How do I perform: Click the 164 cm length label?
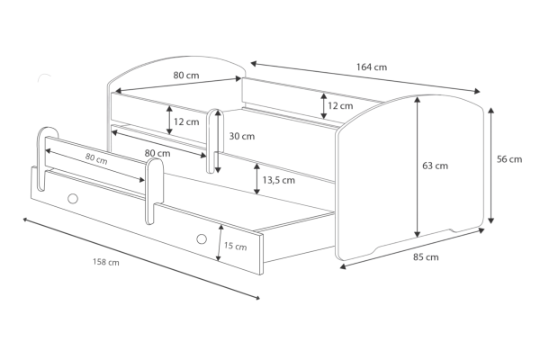coord(372,67)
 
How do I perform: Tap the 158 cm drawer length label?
coord(106,262)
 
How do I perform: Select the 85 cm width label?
coord(426,257)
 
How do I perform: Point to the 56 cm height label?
coord(509,159)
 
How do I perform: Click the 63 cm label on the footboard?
coord(436,166)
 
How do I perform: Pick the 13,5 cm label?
coord(279,180)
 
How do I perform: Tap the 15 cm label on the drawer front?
coord(236,246)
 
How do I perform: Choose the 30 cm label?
coord(242,137)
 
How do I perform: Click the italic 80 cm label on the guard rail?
coord(96,158)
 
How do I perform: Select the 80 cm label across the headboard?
coord(186,75)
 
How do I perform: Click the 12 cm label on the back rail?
coord(340,106)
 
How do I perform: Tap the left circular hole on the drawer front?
coord(73,198)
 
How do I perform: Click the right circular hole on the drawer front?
coord(202,238)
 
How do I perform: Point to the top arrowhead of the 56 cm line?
coord(491,110)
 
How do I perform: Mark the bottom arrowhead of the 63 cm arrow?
coord(418,235)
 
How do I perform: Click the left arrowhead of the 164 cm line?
coord(252,63)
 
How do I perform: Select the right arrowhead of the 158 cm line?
coord(257,298)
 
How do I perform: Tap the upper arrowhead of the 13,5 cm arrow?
coord(256,166)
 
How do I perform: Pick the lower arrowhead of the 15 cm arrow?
coord(218,258)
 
